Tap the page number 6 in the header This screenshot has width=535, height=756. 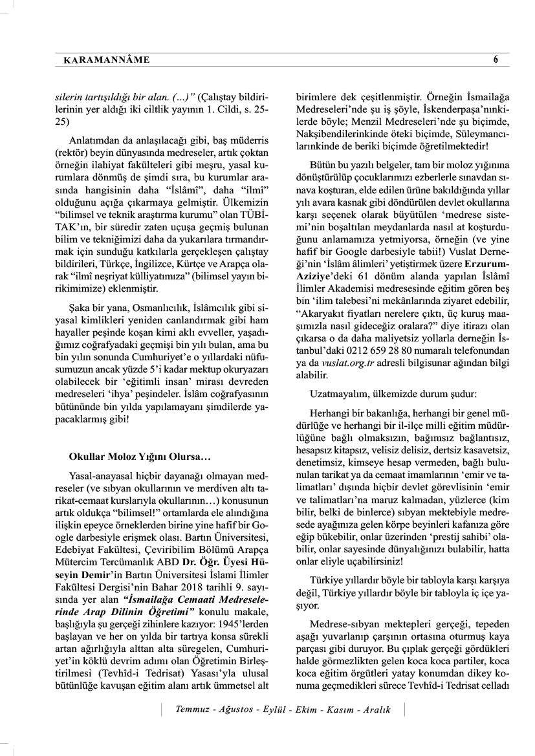496,60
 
